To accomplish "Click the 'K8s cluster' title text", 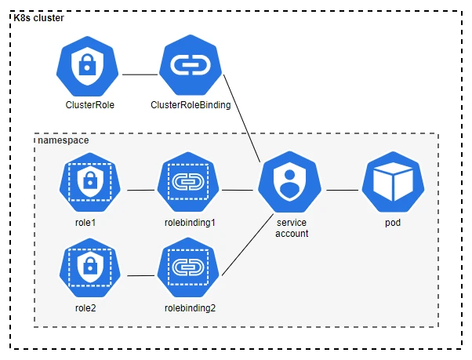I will point(40,17).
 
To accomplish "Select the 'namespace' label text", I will point(62,140).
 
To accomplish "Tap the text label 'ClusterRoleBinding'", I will point(191,104).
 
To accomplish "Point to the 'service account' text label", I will point(292,228).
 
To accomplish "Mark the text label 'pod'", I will point(392,223).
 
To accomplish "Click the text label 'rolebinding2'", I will point(190,307).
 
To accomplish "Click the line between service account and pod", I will point(342,190).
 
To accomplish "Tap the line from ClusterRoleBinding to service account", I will point(243,118).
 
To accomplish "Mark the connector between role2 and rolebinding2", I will point(140,275).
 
